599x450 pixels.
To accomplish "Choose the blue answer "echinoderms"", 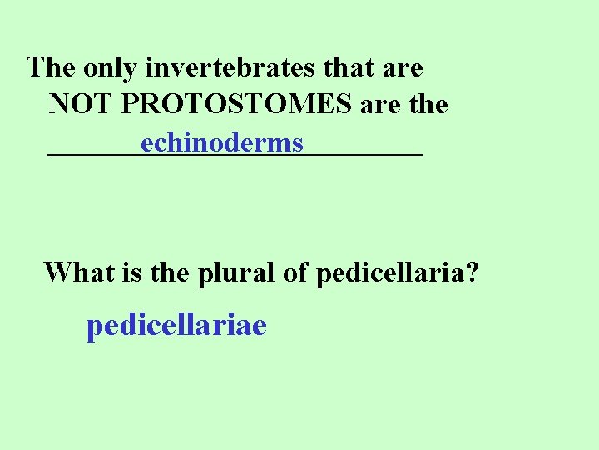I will [222, 143].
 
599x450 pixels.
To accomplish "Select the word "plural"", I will [237, 272].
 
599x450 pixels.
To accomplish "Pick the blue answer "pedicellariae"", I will [176, 325].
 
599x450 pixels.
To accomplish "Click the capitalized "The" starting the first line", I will [52, 67].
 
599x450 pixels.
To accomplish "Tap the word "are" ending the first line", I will [403, 67].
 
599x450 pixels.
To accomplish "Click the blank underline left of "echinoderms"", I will [94, 152].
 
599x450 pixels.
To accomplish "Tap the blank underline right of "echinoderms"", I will [364, 152].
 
